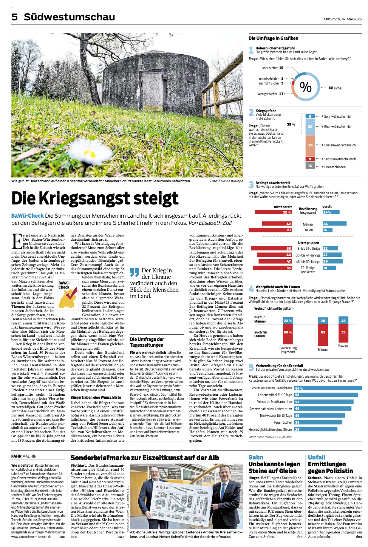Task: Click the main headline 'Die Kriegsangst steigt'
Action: (95, 198)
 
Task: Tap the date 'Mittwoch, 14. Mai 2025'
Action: (342, 19)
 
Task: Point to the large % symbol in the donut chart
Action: (305, 87)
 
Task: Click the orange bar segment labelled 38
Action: (310, 145)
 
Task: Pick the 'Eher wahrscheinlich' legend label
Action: (338, 127)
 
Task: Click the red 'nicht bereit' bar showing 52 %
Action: (271, 212)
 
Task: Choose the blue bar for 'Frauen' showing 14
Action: (325, 230)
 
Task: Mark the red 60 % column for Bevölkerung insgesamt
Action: (288, 332)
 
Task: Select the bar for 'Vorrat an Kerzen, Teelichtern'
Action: (328, 388)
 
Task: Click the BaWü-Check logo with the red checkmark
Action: (68, 294)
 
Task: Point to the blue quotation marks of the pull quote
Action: (135, 272)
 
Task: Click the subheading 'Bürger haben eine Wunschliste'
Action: (96, 397)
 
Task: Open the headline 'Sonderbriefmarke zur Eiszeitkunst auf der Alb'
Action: (145, 458)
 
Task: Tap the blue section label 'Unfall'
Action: (316, 457)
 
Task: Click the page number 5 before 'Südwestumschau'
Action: (15, 17)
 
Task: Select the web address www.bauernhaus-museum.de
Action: (31, 536)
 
